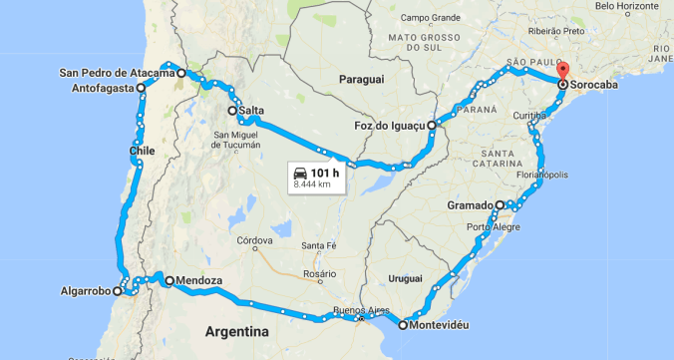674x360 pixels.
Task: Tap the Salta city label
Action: pyautogui.click(x=251, y=111)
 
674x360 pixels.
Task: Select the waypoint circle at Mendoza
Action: pyautogui.click(x=169, y=280)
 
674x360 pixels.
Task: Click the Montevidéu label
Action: pyautogui.click(x=440, y=325)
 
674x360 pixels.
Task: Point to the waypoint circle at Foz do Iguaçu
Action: pyautogui.click(x=432, y=127)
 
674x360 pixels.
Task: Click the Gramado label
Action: pyautogui.click(x=470, y=204)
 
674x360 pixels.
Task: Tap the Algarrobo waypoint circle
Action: pyautogui.click(x=118, y=292)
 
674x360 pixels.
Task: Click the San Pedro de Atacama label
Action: pyautogui.click(x=117, y=72)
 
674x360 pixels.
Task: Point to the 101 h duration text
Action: pyautogui.click(x=326, y=172)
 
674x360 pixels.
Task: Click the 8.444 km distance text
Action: pyautogui.click(x=313, y=184)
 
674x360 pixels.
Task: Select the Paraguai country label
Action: pyautogui.click(x=360, y=78)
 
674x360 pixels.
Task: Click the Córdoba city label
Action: pyautogui.click(x=255, y=240)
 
